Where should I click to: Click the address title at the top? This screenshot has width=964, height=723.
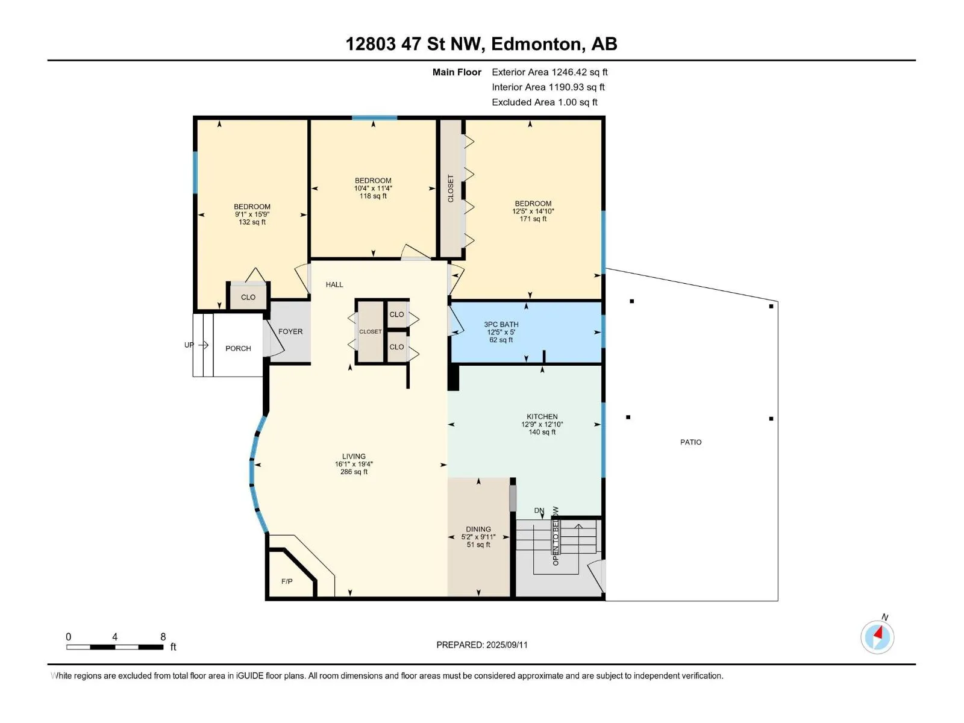(481, 44)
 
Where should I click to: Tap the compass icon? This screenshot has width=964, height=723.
(877, 636)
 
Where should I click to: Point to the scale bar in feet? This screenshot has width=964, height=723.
(114, 647)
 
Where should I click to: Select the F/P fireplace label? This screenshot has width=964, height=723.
(287, 581)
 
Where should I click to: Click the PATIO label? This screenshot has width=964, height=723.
(691, 442)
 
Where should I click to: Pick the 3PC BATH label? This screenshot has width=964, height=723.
(501, 324)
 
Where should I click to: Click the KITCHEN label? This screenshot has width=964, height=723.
(542, 416)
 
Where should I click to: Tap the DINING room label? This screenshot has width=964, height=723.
(478, 530)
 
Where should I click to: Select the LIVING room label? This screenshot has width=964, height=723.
(354, 457)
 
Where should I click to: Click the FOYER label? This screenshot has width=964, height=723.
(290, 332)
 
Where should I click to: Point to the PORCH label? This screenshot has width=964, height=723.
(238, 349)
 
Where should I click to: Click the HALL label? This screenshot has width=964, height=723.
(334, 285)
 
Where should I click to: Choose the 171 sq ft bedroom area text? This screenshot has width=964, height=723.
(533, 219)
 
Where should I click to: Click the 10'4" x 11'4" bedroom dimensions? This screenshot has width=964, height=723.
(373, 189)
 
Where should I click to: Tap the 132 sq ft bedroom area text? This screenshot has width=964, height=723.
(252, 222)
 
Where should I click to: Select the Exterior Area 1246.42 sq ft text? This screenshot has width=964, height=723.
(549, 72)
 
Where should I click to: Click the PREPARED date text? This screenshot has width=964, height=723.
(482, 645)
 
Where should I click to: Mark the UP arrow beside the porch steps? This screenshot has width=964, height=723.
(203, 345)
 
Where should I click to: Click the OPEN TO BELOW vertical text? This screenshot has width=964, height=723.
(556, 536)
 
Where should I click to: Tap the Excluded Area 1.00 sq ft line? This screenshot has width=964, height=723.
(545, 102)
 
